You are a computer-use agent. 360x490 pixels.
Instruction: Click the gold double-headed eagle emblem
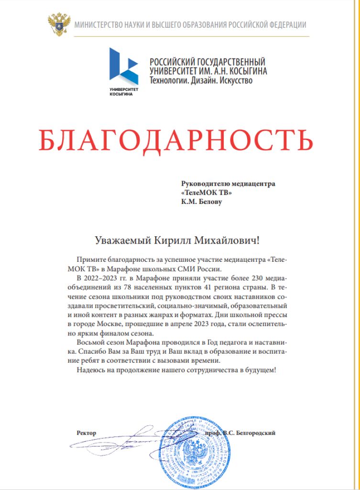59,25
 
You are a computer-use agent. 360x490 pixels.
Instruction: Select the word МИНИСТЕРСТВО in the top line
98,25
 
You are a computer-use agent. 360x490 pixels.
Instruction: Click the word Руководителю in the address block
203,183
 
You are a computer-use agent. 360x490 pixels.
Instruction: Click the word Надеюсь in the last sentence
91,369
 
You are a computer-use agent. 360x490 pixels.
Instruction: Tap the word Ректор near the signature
87,433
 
